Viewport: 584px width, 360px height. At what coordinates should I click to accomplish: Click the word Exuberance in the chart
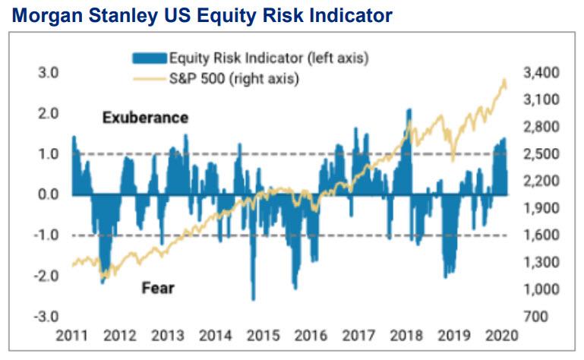[x=145, y=118]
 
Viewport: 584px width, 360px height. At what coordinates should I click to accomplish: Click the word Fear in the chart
[x=158, y=288]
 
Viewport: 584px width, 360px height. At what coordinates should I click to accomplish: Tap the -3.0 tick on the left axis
[x=48, y=317]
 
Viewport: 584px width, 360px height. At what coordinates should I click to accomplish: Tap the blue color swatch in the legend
[x=148, y=57]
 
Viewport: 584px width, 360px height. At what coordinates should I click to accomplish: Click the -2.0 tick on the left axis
[x=48, y=276]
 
